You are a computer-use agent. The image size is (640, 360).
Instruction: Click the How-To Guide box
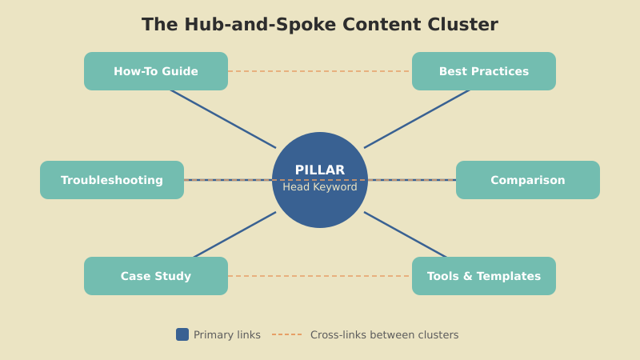coord(156,71)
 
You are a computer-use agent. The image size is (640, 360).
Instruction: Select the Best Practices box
coord(484,71)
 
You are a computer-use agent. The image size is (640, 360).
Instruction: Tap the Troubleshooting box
coord(112,180)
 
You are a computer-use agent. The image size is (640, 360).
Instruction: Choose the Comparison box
coord(528,180)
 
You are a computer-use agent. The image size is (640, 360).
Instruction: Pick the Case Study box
coord(156,276)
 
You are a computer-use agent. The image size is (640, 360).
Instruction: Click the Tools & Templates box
coord(484,276)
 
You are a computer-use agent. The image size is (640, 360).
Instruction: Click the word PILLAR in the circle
coord(320,170)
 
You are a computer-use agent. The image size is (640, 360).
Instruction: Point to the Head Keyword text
coord(320,187)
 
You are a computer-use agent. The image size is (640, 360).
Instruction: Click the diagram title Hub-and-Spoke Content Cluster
coord(320,25)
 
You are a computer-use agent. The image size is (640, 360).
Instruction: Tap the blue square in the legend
coord(182,334)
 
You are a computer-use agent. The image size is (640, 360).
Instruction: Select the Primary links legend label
coord(227,335)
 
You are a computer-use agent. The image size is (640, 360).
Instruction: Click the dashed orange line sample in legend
coord(287,334)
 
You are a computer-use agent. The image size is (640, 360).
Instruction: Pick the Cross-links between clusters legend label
coord(384,335)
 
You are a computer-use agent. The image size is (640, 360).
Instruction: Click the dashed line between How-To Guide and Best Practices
coord(320,71)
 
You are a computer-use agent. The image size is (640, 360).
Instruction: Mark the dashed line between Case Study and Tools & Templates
coord(320,276)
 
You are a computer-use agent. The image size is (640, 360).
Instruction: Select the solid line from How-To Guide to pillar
coord(223,119)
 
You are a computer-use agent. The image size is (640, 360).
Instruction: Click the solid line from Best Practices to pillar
coord(417,119)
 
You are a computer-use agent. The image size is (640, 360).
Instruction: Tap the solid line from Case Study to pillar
coord(234,234)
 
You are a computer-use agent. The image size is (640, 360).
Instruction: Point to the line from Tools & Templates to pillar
coord(406,234)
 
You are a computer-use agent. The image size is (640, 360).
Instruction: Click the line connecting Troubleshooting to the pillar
coord(228,180)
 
